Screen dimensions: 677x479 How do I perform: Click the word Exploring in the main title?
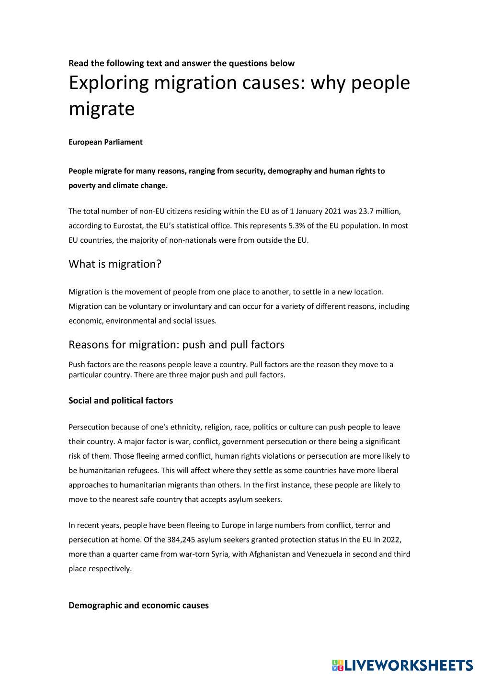109,83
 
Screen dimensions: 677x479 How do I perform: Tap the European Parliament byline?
105,142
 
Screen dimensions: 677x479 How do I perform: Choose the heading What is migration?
115,264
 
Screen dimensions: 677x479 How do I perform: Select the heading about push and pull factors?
176,345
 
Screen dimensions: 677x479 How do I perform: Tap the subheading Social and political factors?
121,401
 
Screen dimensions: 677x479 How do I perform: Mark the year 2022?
391,540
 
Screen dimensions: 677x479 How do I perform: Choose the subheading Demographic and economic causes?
138,606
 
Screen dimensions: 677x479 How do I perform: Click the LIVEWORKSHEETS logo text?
408,665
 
